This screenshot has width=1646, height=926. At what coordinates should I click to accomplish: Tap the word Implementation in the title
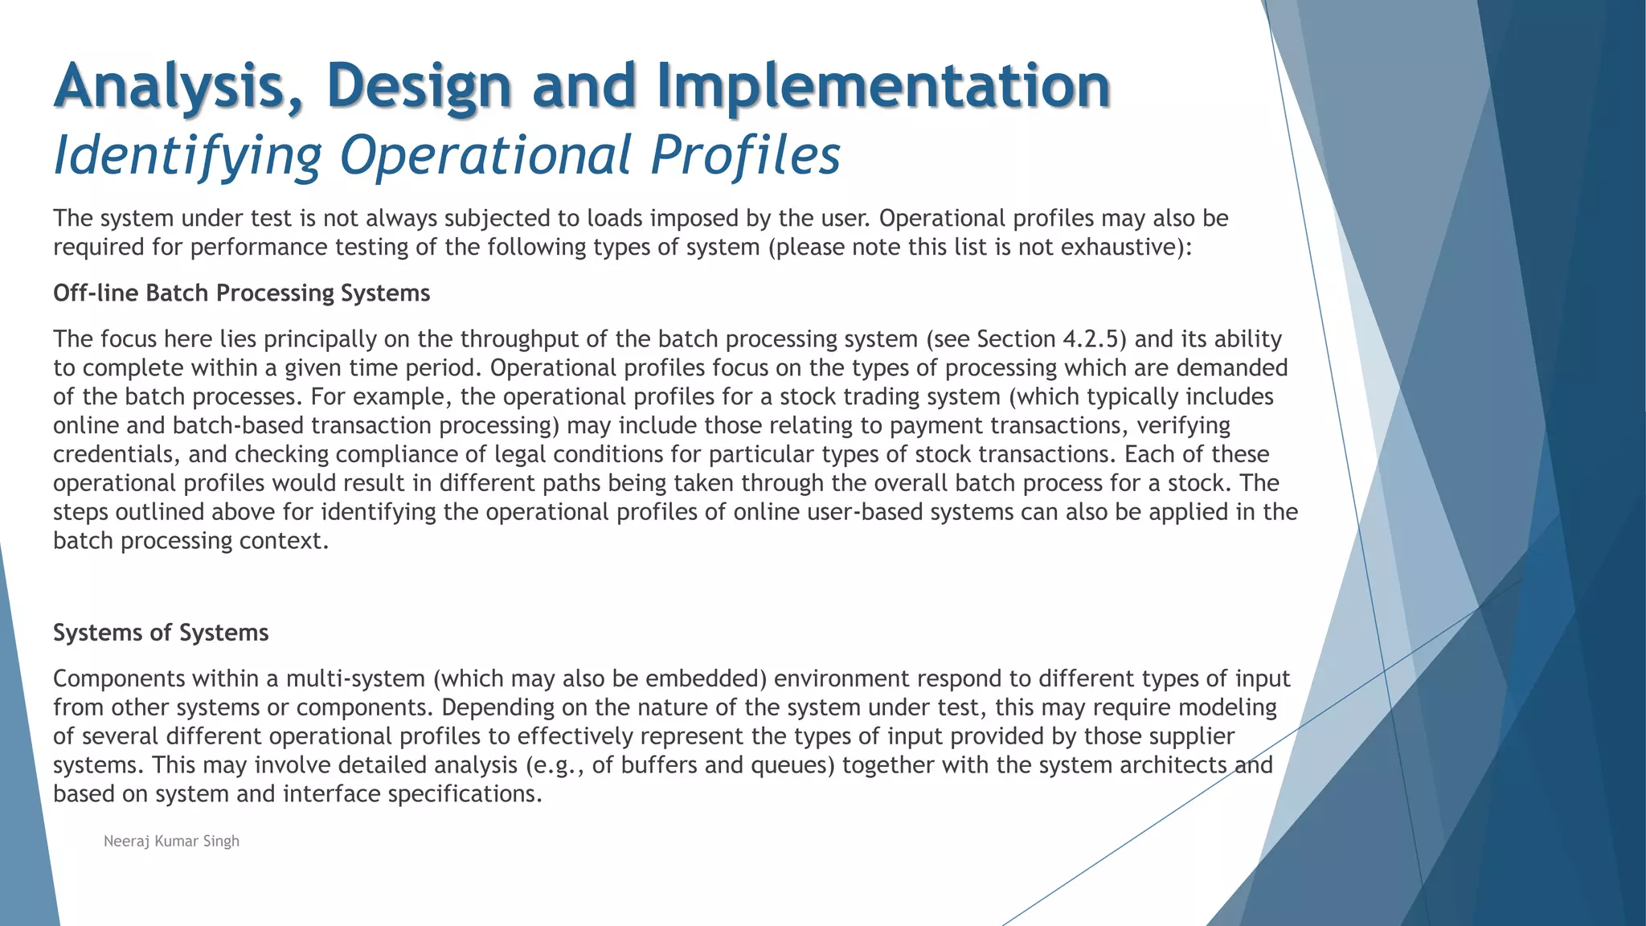(x=883, y=87)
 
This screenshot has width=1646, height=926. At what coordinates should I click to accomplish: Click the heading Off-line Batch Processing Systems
(x=242, y=293)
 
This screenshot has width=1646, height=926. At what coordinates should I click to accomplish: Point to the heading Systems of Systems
(x=161, y=633)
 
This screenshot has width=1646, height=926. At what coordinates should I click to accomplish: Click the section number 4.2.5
(x=1090, y=339)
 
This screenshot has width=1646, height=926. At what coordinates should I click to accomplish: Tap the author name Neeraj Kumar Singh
(x=171, y=842)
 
